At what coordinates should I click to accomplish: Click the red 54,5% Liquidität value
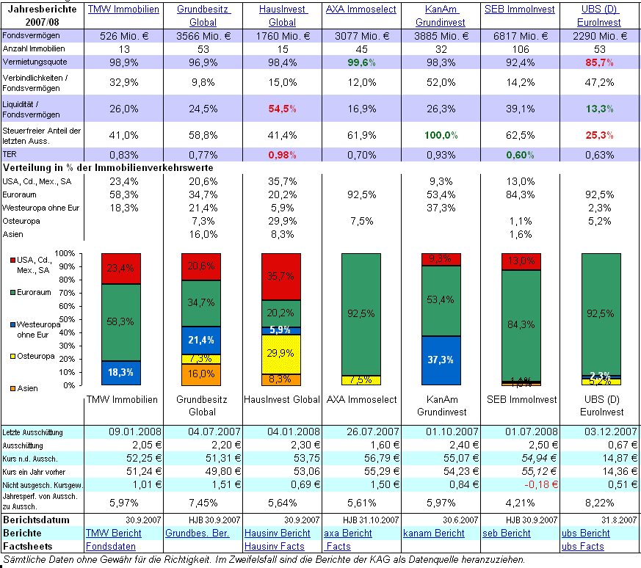(x=281, y=109)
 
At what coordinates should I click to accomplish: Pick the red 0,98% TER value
(x=281, y=155)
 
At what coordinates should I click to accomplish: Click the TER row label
(x=10, y=155)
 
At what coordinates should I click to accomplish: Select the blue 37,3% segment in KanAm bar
(x=441, y=360)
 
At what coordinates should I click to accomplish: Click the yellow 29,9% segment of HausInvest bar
(x=281, y=353)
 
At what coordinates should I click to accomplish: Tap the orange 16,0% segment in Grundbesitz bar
(x=200, y=374)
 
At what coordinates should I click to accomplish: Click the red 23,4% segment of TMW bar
(x=121, y=269)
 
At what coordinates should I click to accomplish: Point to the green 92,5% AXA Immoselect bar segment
(x=361, y=313)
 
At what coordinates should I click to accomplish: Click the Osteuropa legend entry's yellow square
(x=13, y=357)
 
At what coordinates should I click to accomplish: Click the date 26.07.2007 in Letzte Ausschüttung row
(x=361, y=432)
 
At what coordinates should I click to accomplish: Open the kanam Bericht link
(x=433, y=533)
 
